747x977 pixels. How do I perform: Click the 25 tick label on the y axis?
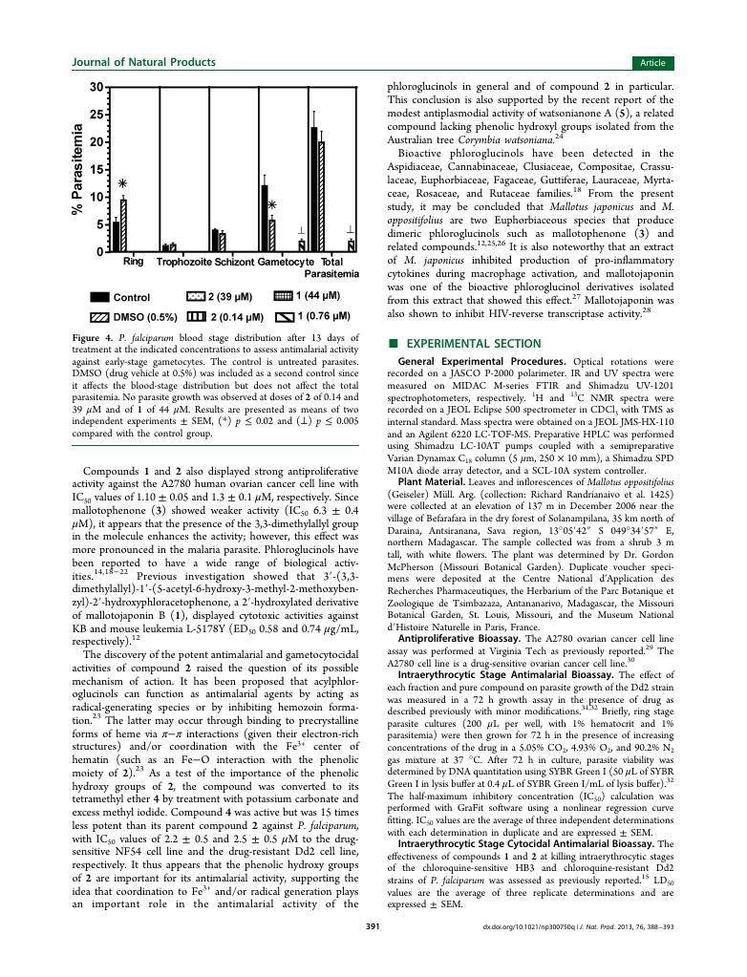point(96,115)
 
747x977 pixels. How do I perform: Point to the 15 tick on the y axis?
point(96,170)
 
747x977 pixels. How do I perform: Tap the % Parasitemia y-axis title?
point(78,170)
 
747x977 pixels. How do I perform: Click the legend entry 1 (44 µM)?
point(311,296)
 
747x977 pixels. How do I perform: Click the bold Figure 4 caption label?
point(94,339)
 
